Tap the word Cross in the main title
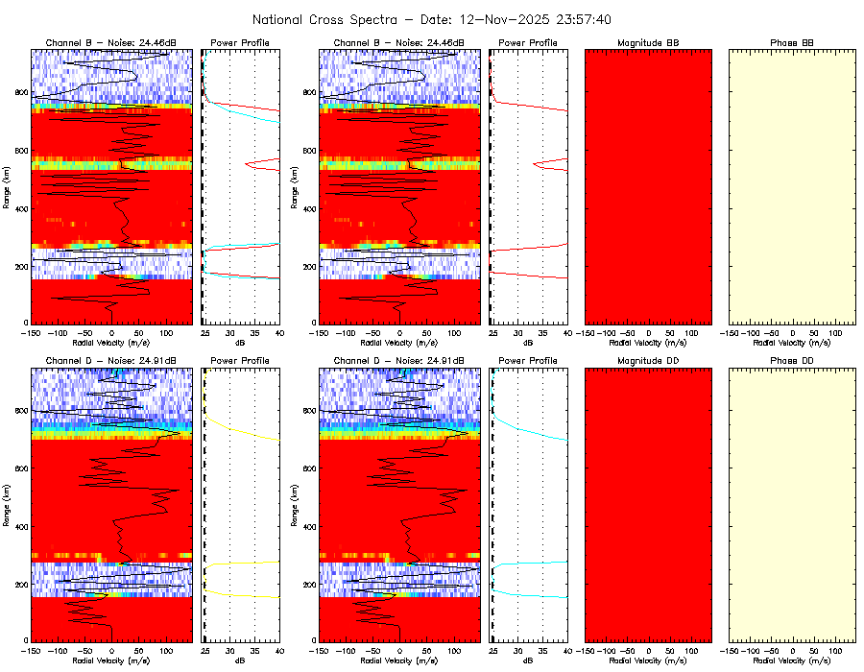point(336,19)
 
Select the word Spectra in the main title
point(386,19)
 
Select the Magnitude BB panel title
point(648,43)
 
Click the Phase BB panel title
point(792,43)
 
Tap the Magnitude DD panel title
point(648,361)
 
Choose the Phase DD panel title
point(792,361)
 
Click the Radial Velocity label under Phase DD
point(792,661)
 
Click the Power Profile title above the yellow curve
point(240,361)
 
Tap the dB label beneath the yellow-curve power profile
point(240,661)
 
